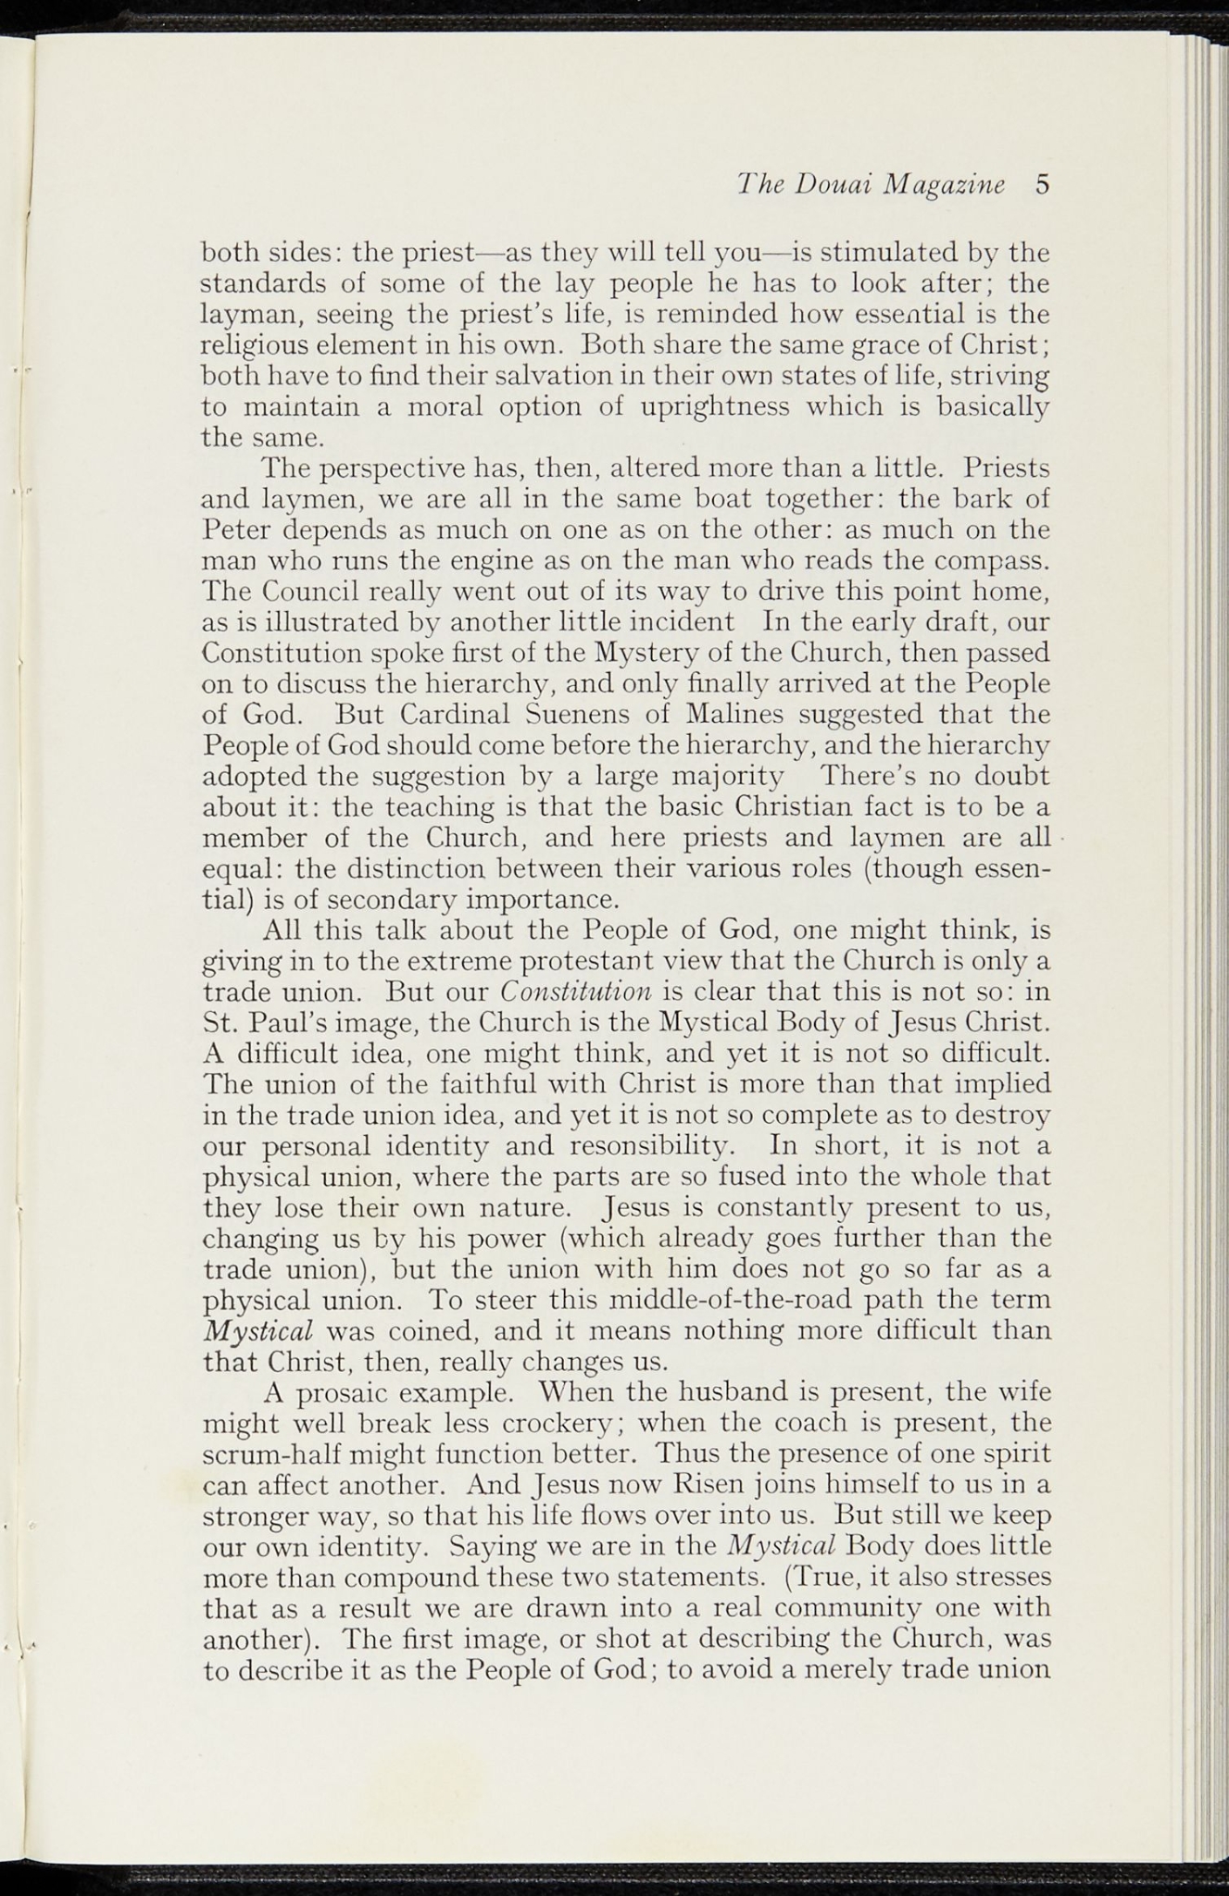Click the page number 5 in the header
[x=1042, y=184]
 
